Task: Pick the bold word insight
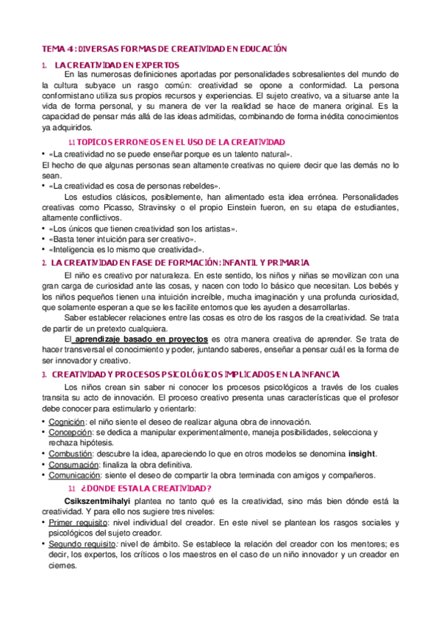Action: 362,453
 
